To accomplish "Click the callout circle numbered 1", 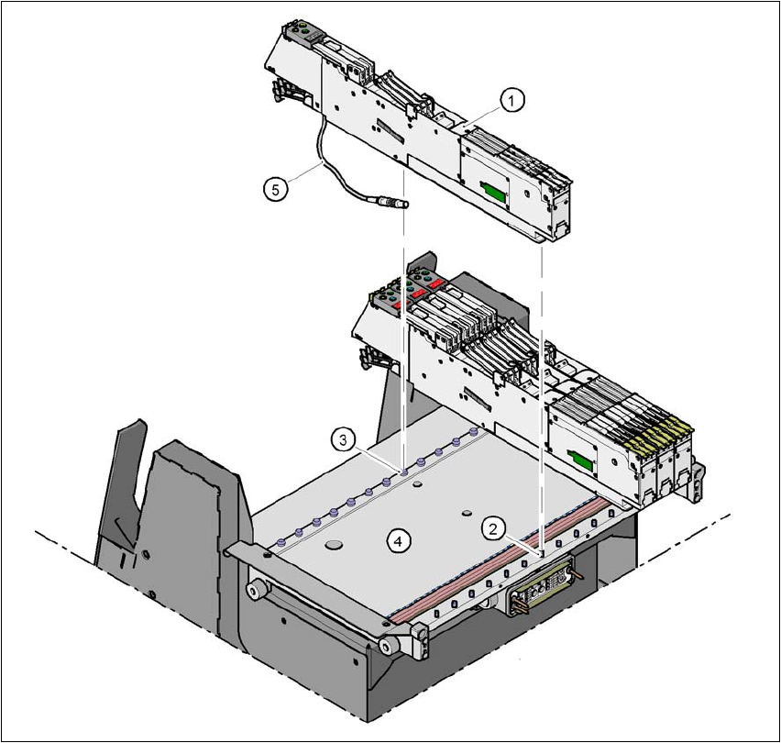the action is (511, 101).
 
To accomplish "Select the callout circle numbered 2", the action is (492, 528).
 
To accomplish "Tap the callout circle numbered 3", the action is (343, 440).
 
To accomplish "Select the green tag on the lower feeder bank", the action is (579, 460).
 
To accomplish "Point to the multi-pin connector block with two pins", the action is (542, 589).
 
